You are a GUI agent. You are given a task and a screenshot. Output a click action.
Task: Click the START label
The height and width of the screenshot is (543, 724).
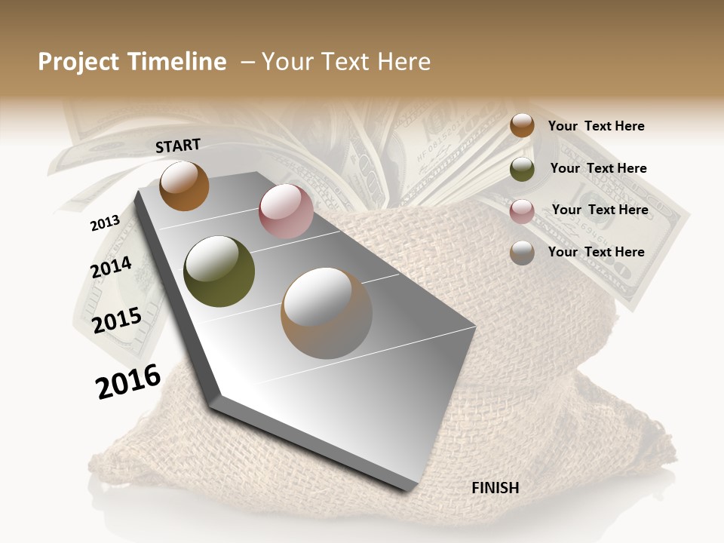click(178, 146)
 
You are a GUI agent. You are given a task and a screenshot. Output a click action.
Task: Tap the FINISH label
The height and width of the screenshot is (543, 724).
click(495, 488)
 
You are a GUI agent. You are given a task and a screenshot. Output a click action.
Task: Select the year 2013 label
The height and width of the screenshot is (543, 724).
click(105, 223)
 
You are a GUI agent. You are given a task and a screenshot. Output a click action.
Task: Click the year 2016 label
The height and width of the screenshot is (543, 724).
click(128, 382)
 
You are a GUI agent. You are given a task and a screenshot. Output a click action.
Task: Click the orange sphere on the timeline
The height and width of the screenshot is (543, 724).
click(184, 186)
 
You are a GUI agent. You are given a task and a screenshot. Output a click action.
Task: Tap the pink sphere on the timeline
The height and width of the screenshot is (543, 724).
click(286, 211)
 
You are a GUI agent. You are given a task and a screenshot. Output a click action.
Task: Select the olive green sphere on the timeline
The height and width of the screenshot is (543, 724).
click(219, 271)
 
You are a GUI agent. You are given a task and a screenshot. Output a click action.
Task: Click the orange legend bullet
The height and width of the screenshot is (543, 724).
click(522, 125)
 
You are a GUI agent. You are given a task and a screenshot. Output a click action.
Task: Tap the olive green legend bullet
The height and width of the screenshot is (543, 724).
click(522, 169)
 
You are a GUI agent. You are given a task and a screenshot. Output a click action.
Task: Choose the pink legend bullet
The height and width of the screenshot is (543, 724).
click(522, 211)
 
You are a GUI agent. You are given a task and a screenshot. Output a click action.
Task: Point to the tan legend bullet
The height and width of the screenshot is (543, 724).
click(522, 253)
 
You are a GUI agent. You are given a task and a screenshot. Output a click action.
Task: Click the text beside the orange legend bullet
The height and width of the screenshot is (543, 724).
click(596, 126)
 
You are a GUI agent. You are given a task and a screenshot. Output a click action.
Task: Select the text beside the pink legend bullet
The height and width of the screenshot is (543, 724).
click(600, 210)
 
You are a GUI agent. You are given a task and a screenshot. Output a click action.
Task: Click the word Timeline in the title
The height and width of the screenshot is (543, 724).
click(178, 62)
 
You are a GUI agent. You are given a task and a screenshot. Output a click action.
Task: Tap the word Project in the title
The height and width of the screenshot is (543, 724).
click(78, 62)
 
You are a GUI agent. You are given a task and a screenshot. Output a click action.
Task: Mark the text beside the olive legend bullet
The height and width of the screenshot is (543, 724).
click(598, 168)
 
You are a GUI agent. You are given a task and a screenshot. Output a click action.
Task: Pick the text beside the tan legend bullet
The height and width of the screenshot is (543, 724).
click(596, 252)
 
